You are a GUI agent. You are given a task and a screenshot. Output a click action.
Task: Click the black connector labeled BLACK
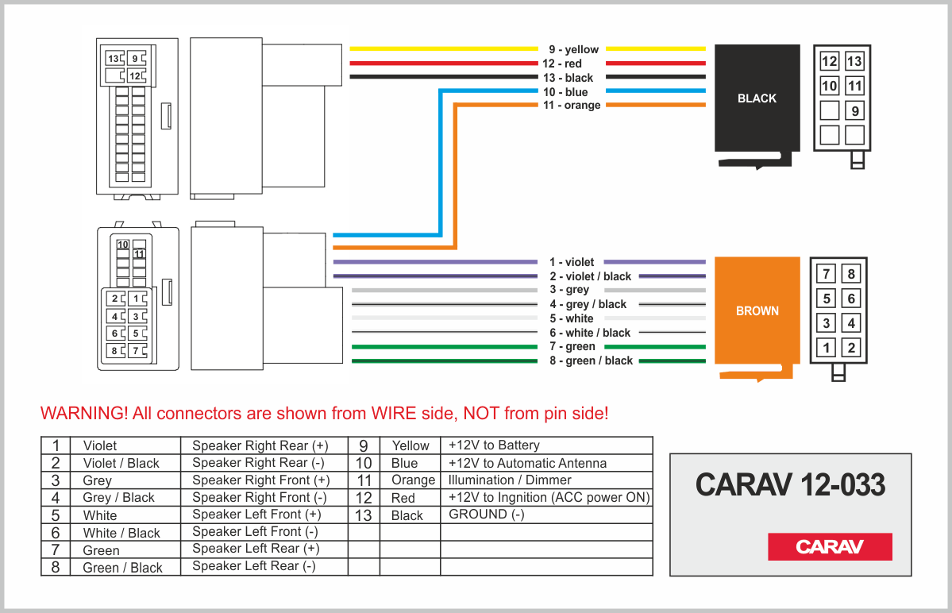(757, 98)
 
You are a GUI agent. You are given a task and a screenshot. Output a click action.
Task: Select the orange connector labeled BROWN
(757, 310)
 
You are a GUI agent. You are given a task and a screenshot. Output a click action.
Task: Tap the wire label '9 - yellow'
(573, 49)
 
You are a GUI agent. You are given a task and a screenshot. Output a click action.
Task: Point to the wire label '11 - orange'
(572, 106)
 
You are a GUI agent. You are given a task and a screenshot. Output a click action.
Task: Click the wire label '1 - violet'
(572, 262)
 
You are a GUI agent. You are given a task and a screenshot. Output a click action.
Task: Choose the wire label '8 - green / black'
(591, 360)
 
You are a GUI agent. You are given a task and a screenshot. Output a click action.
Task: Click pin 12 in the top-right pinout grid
(829, 61)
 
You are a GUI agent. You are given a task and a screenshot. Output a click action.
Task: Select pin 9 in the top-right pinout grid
(854, 110)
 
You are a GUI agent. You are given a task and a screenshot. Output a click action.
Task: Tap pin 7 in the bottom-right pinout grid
(827, 274)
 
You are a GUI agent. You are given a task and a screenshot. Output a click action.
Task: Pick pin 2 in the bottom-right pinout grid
(851, 347)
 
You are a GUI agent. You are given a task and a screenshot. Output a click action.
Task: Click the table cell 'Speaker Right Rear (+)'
(260, 445)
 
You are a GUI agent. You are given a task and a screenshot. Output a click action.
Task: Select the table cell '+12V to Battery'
(494, 445)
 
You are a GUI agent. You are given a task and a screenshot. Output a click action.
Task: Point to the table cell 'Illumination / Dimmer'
(510, 480)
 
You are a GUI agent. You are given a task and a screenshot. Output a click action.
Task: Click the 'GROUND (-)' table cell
(487, 515)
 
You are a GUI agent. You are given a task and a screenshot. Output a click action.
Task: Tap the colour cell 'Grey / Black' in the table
(118, 498)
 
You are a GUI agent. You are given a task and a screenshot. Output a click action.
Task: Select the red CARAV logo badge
(830, 546)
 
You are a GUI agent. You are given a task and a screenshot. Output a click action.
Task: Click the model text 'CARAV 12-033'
(790, 484)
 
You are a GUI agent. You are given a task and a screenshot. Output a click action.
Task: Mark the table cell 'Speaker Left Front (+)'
(256, 515)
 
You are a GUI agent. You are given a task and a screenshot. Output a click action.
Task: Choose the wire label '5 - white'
(572, 318)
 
